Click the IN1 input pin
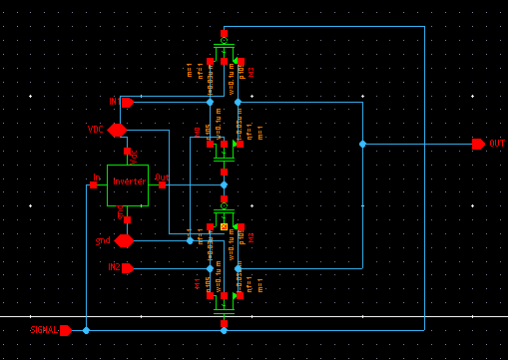127,102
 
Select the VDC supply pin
118,130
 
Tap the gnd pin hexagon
124,240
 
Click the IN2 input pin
127,267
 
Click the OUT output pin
478,144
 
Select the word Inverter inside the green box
129,180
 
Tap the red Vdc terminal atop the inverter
128,153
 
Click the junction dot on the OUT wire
362,144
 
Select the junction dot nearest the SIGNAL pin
87,330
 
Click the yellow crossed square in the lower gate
224,227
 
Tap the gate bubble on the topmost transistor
224,41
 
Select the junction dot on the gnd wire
190,240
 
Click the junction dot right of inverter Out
224,184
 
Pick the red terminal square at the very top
224,33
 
